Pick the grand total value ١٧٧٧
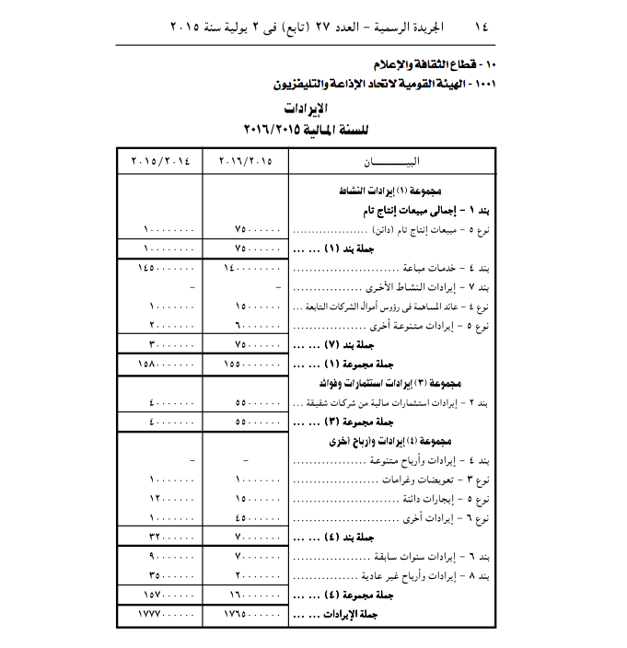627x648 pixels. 166,613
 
